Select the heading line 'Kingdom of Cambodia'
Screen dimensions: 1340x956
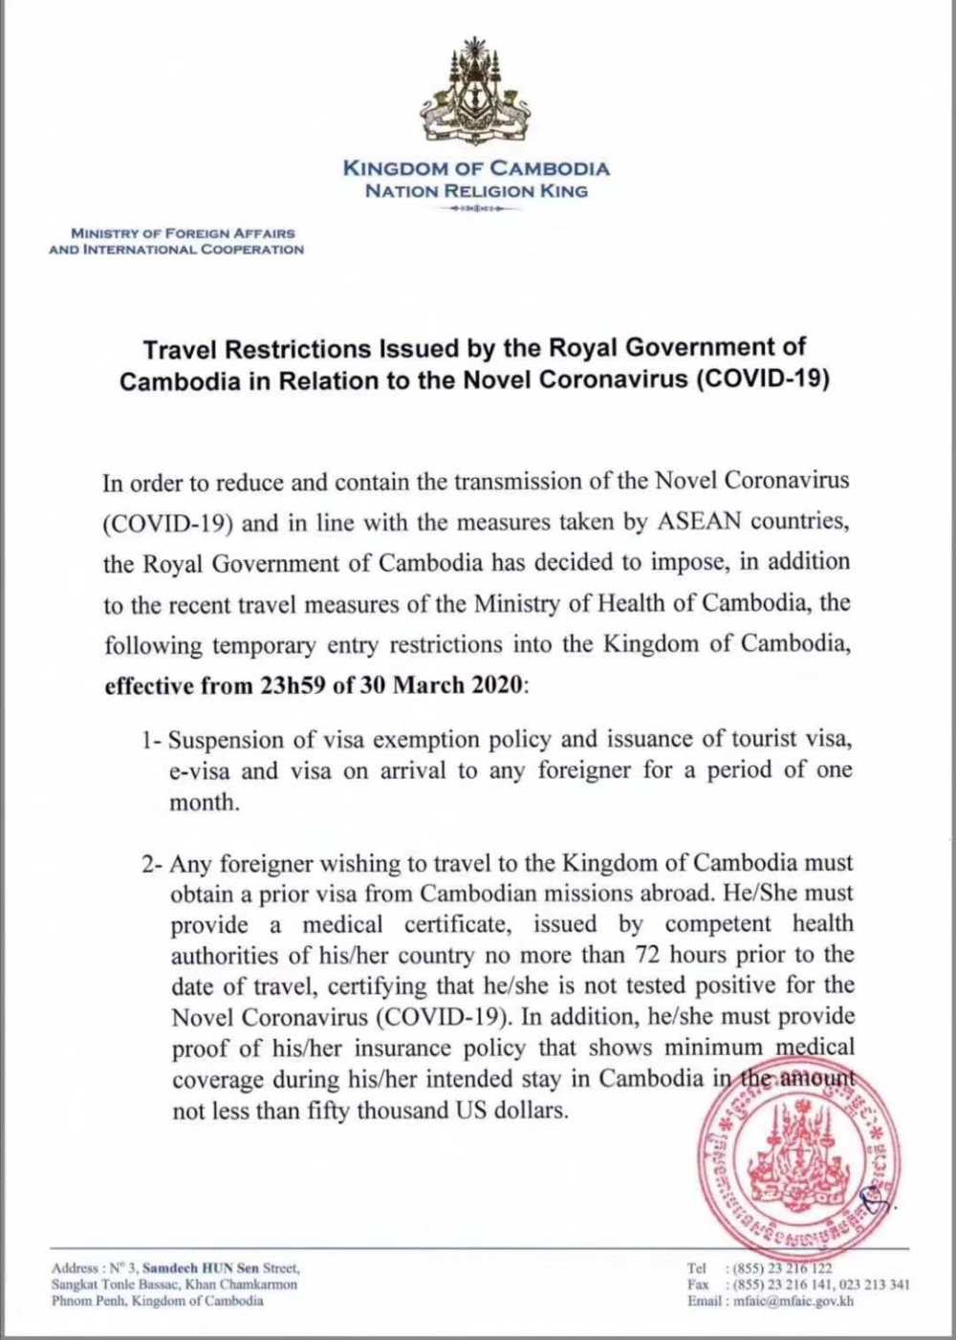476,169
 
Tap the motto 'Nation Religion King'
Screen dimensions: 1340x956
476,190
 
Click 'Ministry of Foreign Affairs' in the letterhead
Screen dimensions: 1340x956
183,233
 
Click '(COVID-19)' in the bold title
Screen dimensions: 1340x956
759,378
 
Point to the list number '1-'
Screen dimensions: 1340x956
151,741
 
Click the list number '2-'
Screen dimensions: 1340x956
151,863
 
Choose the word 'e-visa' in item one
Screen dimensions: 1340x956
201,771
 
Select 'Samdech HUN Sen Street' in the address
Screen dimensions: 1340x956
220,1268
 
